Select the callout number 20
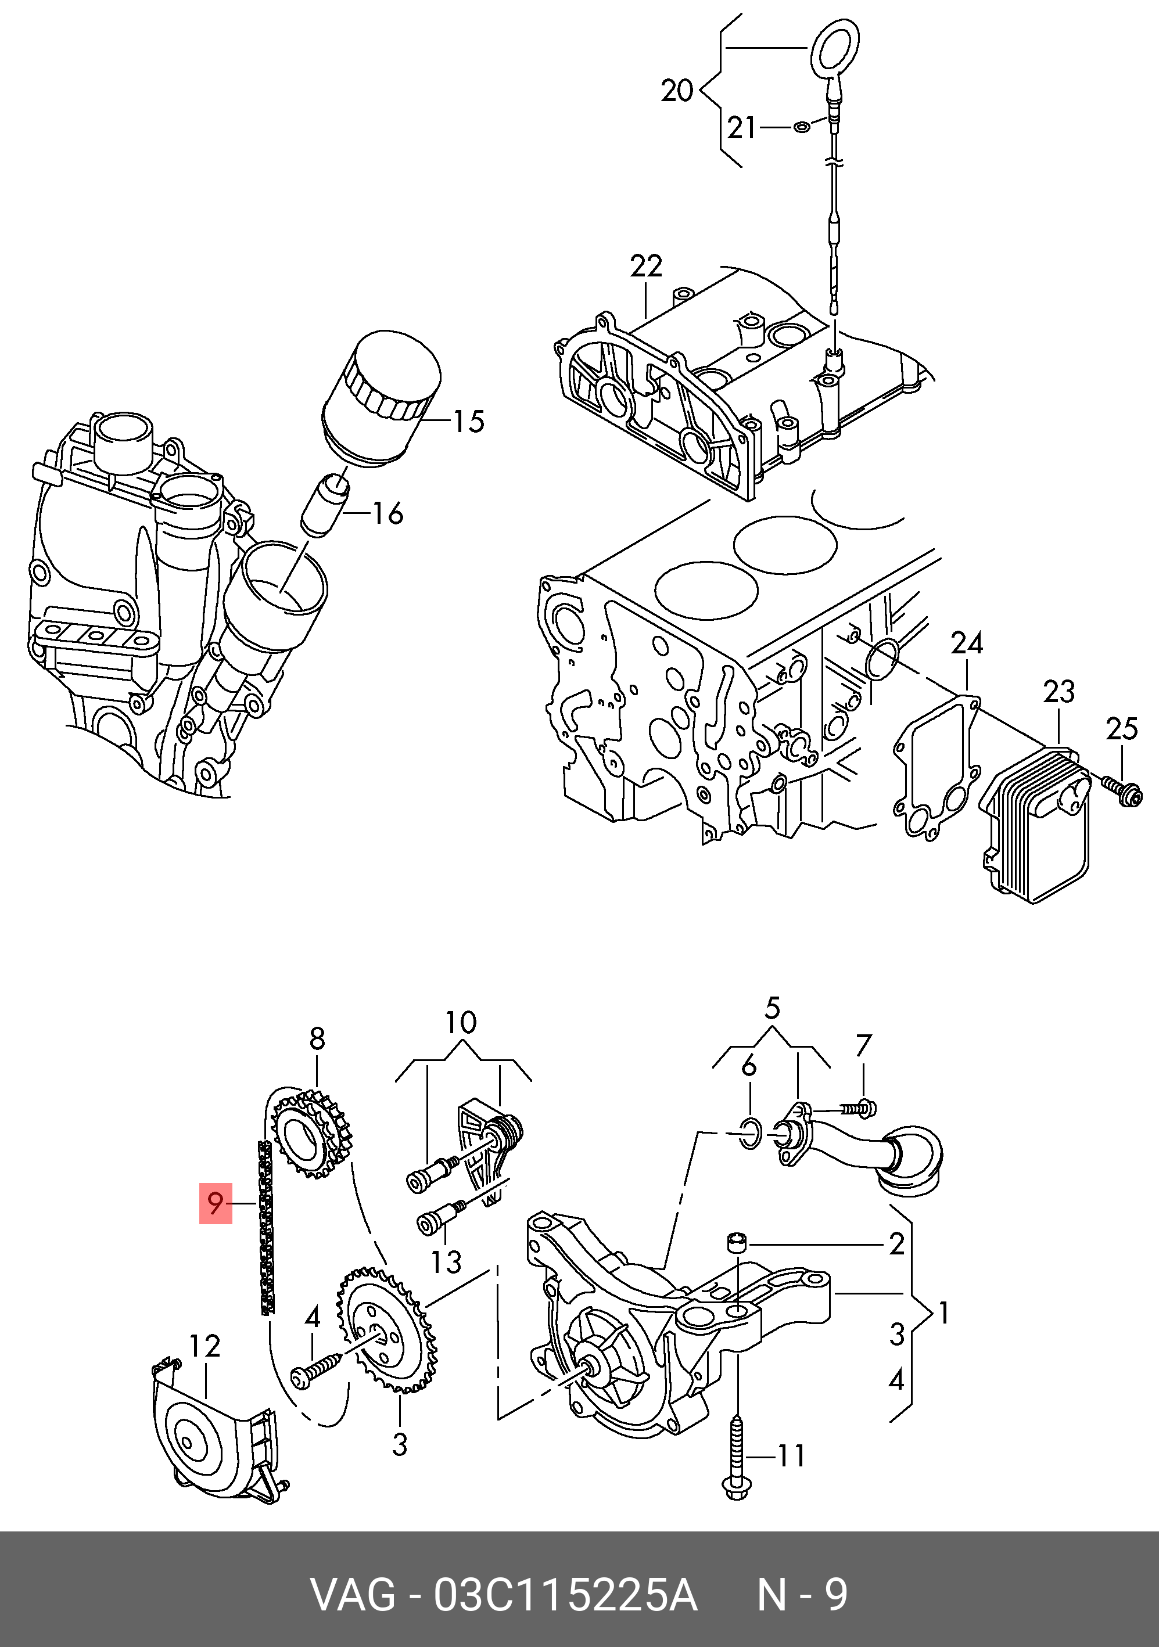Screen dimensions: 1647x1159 676,91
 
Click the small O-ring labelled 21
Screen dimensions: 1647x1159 802,128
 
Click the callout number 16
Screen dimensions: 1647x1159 388,513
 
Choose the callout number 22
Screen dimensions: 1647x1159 646,267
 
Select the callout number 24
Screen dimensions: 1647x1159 966,643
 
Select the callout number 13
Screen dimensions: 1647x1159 446,1263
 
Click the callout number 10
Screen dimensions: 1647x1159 461,1022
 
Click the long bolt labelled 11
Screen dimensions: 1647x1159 737,1456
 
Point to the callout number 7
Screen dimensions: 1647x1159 863,1045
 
